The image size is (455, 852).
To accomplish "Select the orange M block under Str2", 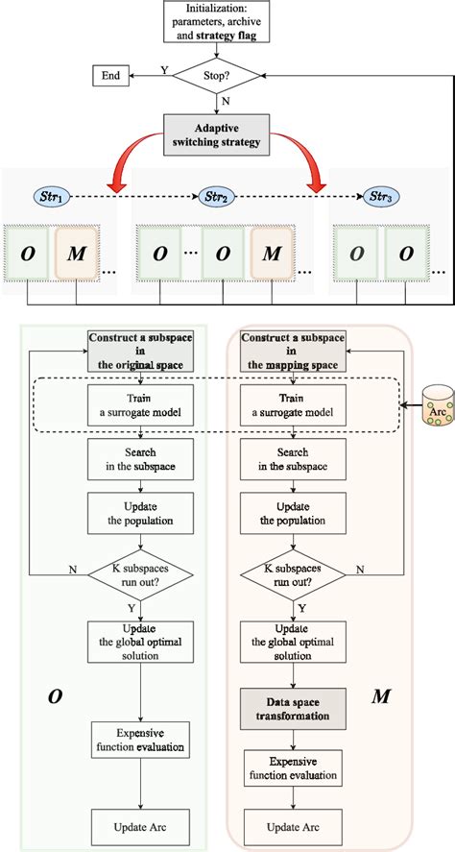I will (274, 254).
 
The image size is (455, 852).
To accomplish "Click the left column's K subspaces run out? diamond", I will (141, 575).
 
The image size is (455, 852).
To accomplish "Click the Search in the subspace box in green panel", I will (141, 459).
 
